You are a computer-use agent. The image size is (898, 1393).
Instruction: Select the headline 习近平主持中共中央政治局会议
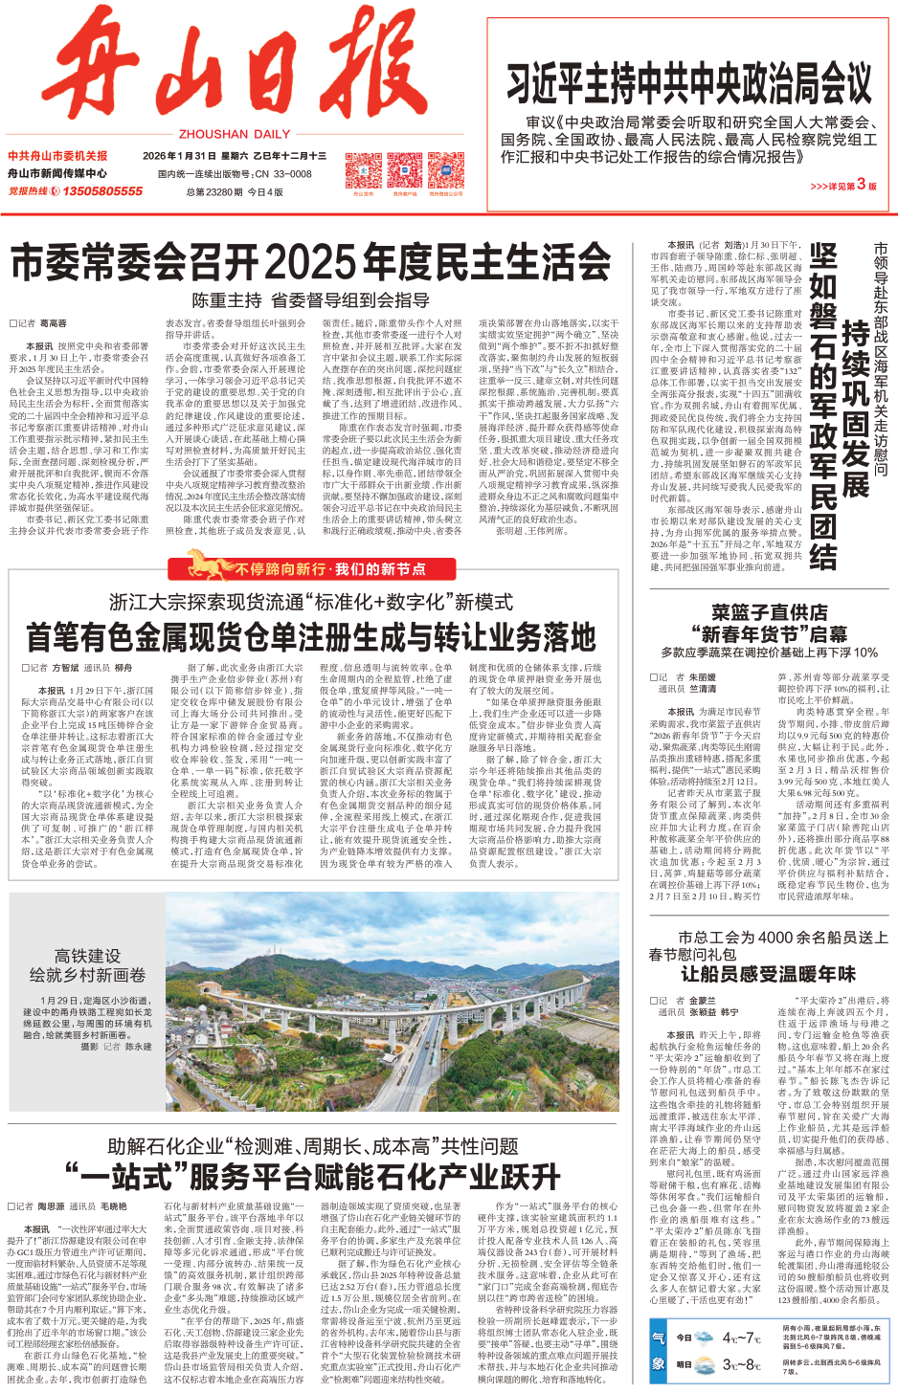click(x=689, y=83)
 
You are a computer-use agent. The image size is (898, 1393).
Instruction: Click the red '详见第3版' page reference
click(x=842, y=185)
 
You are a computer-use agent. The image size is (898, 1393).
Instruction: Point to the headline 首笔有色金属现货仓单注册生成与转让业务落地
click(x=311, y=637)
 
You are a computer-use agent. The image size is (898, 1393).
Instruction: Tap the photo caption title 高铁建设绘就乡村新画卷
click(x=87, y=965)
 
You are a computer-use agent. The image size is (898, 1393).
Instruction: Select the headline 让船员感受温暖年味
click(x=768, y=974)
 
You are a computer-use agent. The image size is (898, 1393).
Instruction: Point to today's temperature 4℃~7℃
click(x=741, y=1338)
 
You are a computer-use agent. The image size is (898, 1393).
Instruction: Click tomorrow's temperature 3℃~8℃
click(x=741, y=1364)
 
